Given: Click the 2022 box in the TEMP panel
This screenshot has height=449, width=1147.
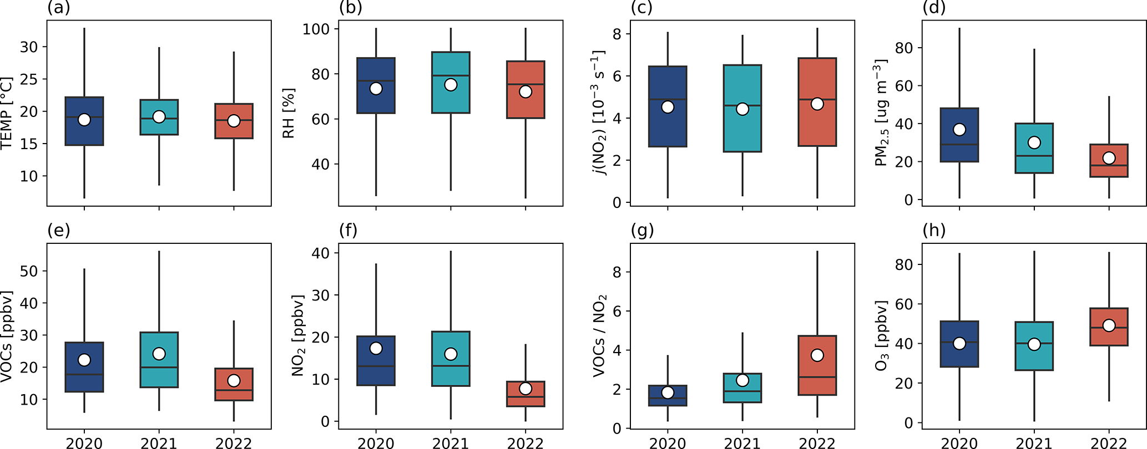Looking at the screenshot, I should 234,130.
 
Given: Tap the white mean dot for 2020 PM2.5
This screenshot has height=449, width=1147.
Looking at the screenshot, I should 959,130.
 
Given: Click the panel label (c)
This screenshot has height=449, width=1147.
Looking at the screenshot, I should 642,8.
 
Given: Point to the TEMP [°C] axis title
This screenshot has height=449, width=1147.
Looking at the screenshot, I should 7,113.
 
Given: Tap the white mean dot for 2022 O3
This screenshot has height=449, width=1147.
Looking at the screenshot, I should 1109,325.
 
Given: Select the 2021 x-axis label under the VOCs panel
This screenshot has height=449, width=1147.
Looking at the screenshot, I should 159,443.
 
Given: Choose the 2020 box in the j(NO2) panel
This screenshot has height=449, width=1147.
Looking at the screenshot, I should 668,127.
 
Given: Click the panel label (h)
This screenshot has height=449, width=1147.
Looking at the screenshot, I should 933,231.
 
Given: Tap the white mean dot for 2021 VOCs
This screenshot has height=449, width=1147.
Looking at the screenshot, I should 159,354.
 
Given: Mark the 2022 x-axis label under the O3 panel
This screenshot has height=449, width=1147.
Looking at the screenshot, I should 1109,443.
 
